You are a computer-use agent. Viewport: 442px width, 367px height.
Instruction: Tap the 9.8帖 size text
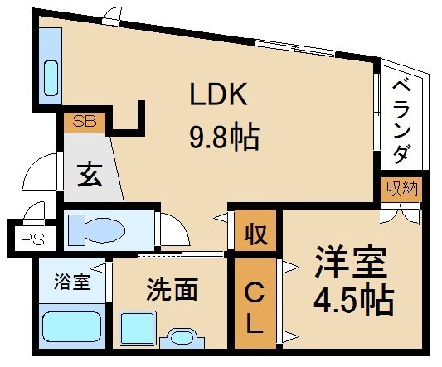(224, 135)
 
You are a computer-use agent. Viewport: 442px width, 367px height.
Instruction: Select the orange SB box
(84, 122)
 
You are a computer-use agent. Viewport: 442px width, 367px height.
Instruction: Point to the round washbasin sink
(181, 339)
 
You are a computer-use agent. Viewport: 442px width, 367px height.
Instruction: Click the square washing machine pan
(136, 328)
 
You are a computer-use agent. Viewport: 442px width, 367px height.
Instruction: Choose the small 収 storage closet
(254, 234)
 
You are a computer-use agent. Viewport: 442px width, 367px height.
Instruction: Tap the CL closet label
(254, 306)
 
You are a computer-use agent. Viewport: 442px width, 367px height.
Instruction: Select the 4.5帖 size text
(352, 302)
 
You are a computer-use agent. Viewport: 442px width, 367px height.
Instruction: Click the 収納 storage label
(401, 189)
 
